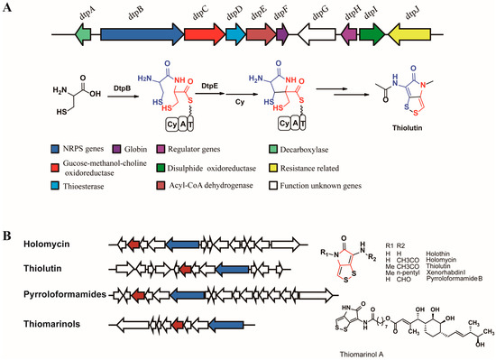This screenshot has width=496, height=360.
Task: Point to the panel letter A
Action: coord(8,7)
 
